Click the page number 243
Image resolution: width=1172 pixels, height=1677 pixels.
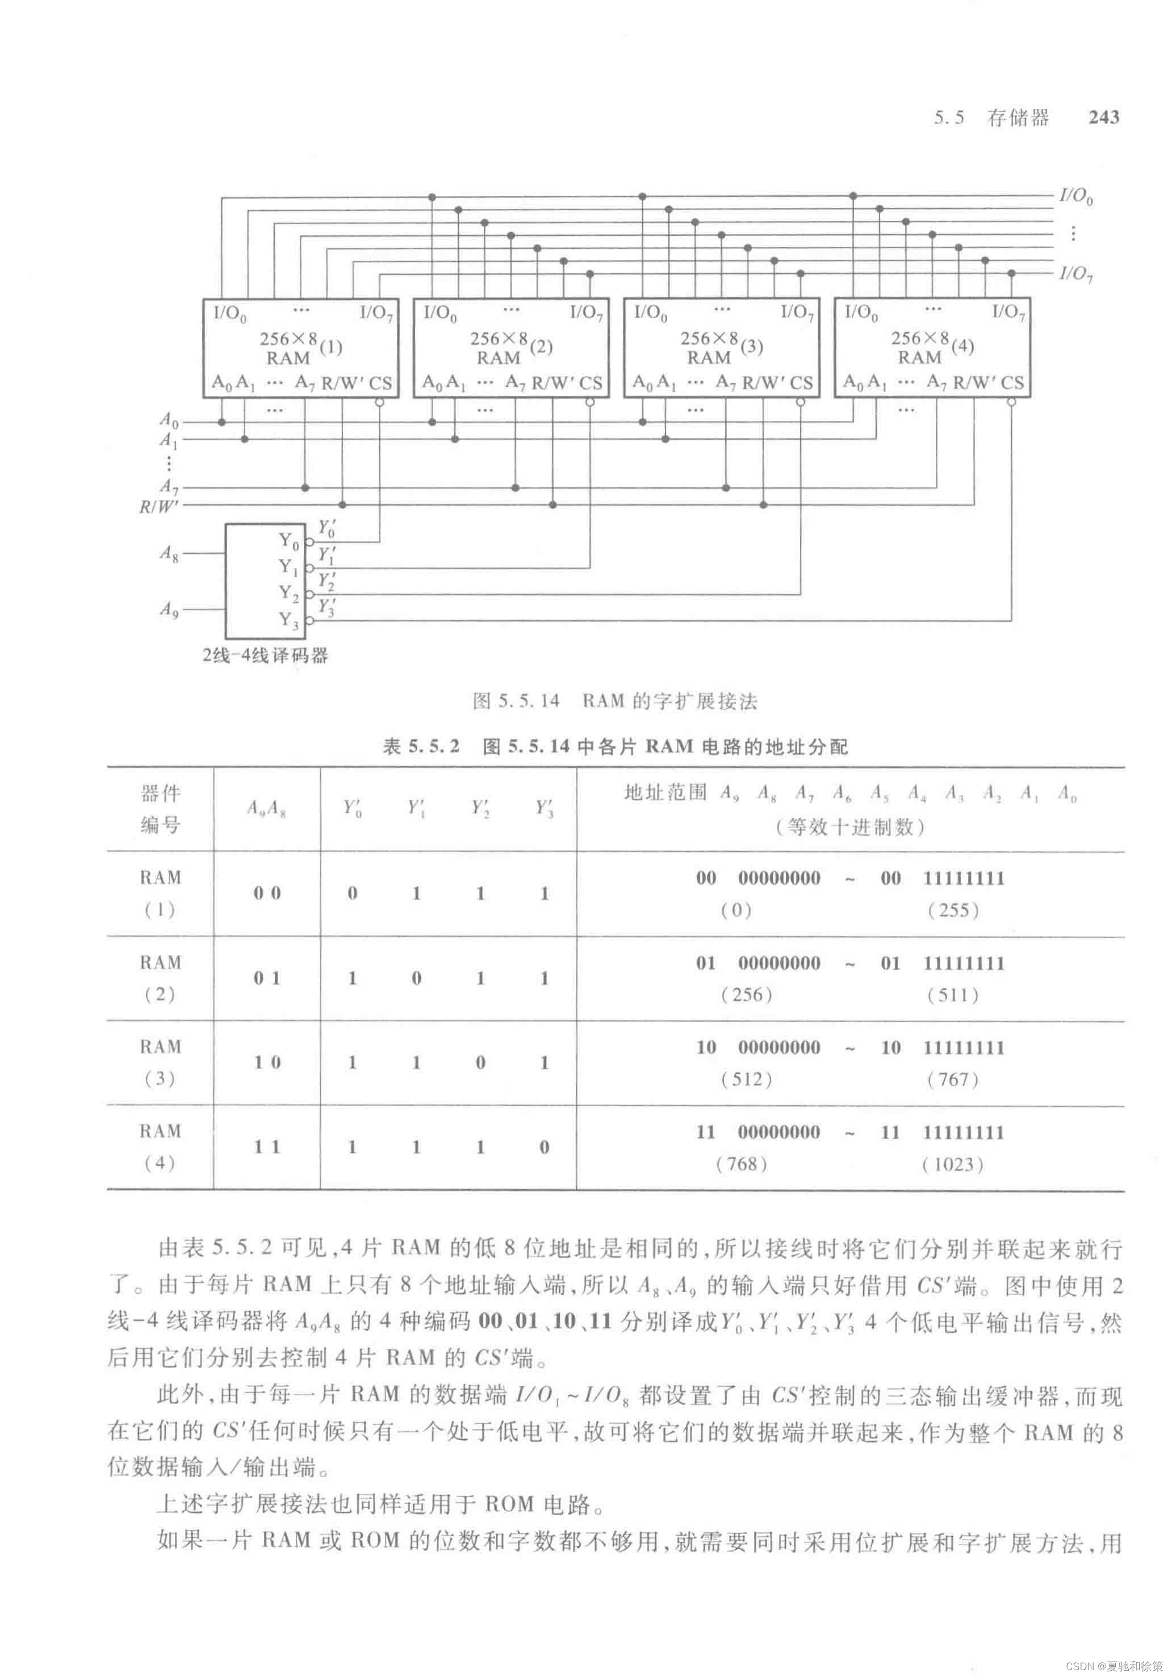pyautogui.click(x=1103, y=118)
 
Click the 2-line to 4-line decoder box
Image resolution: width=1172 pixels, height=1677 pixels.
pyautogui.click(x=265, y=580)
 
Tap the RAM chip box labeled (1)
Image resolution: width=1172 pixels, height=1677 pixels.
pyautogui.click(x=300, y=348)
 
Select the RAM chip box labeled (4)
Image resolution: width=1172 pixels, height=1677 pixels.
pyautogui.click(x=932, y=348)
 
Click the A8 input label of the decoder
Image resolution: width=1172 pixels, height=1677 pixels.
pyautogui.click(x=169, y=554)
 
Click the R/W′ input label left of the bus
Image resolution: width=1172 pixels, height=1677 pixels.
pyautogui.click(x=158, y=505)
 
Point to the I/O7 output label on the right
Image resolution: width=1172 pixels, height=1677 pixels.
pyautogui.click(x=1075, y=274)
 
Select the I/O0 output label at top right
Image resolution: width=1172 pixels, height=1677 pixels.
pyautogui.click(x=1075, y=196)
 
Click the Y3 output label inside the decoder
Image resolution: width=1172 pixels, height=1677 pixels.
pyautogui.click(x=288, y=620)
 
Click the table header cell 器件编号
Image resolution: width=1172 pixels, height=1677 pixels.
pyautogui.click(x=160, y=809)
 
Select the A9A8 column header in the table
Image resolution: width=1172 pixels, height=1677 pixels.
pyautogui.click(x=266, y=808)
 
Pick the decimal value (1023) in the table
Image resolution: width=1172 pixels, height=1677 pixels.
pyautogui.click(x=953, y=1164)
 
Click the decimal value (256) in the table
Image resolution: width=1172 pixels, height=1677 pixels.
pyautogui.click(x=746, y=995)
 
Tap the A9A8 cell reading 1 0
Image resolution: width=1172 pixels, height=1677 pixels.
pyautogui.click(x=267, y=1062)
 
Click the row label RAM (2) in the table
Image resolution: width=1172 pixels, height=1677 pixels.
pyautogui.click(x=160, y=978)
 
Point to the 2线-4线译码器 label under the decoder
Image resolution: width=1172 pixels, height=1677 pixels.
pyautogui.click(x=265, y=655)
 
